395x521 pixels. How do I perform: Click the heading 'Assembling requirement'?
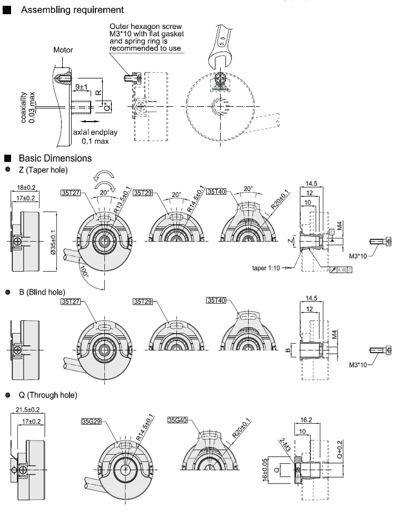click(x=73, y=10)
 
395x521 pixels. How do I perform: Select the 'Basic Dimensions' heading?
click(x=55, y=158)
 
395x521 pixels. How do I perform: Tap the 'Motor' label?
click(x=63, y=51)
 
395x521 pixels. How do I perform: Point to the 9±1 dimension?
click(x=82, y=86)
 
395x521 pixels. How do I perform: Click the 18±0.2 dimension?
click(x=26, y=187)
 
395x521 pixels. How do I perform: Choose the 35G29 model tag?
click(x=91, y=421)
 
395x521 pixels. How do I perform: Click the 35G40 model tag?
click(x=177, y=420)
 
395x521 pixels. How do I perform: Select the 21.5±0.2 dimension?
click(x=27, y=409)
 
